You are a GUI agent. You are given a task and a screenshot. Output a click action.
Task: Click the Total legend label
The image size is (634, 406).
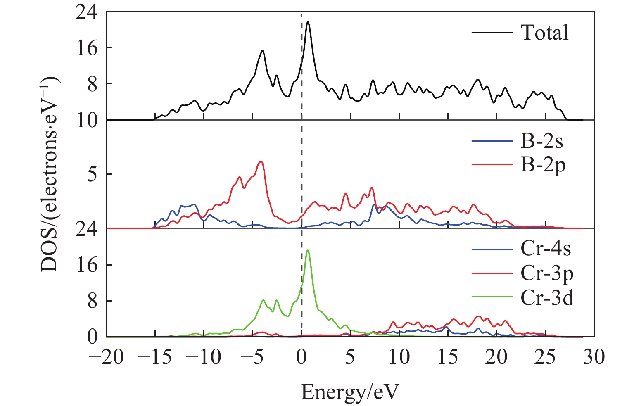pyautogui.click(x=544, y=33)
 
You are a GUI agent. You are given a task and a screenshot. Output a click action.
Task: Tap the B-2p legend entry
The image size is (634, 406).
pyautogui.click(x=543, y=166)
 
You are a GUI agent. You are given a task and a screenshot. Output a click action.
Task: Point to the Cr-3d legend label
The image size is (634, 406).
pyautogui.click(x=547, y=298)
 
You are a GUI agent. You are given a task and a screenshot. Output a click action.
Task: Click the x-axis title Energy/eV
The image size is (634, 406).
pyautogui.click(x=350, y=392)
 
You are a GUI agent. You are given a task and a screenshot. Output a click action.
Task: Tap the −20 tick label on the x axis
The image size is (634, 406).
pyautogui.click(x=106, y=357)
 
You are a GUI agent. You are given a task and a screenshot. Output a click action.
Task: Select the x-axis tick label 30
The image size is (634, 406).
pyautogui.click(x=594, y=357)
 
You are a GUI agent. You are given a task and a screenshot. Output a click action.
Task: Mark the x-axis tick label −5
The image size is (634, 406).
pyautogui.click(x=252, y=357)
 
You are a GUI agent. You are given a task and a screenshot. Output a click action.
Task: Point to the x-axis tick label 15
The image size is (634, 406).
pyautogui.click(x=448, y=357)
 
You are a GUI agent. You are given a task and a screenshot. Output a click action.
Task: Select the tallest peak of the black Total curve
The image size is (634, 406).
pyautogui.click(x=308, y=22)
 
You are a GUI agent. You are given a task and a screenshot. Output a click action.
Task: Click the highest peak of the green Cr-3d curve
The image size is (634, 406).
pyautogui.click(x=307, y=250)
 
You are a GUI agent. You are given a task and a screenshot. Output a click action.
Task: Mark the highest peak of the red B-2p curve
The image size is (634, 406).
pyautogui.click(x=261, y=161)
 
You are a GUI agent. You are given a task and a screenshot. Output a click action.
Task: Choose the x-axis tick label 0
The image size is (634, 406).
pyautogui.click(x=302, y=357)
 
